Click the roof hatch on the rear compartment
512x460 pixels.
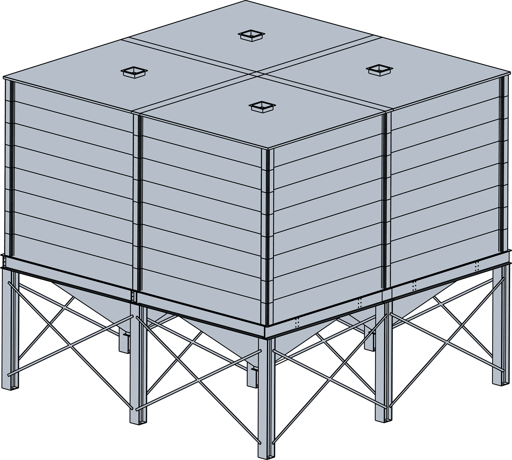click(x=252, y=35)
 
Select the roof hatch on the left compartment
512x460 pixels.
click(x=134, y=72)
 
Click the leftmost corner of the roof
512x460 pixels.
click(x=4, y=78)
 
